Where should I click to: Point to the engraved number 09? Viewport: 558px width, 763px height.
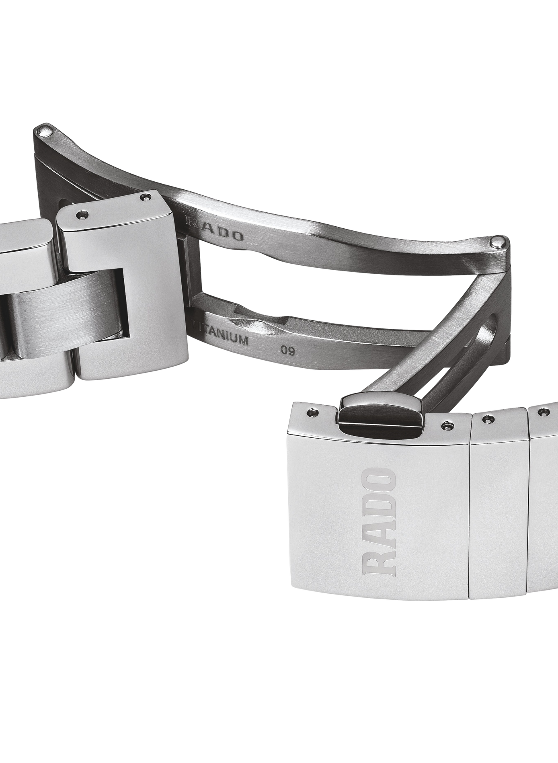288,351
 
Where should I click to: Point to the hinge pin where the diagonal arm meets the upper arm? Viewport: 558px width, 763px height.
499,242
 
